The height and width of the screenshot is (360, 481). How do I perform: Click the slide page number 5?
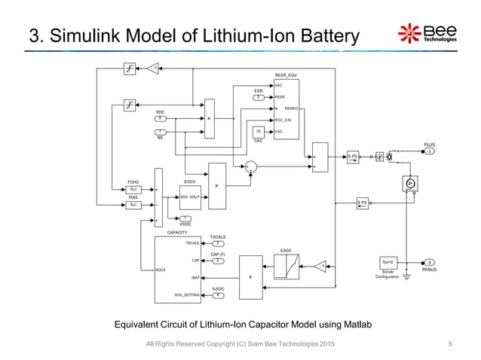click(450, 344)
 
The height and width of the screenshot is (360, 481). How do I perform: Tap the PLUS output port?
click(429, 151)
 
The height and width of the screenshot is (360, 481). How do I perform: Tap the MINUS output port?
click(429, 262)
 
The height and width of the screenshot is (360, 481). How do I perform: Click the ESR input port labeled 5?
click(259, 97)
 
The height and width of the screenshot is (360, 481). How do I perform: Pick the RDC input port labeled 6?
click(160, 118)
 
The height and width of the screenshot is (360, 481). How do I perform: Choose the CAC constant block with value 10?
click(259, 131)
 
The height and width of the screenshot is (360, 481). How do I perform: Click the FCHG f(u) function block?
click(133, 189)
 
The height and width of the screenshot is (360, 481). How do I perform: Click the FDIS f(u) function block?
click(133, 204)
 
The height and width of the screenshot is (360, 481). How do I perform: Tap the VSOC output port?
click(185, 218)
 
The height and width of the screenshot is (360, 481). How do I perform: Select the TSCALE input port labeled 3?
click(216, 243)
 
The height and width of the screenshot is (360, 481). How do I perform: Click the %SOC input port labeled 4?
click(217, 295)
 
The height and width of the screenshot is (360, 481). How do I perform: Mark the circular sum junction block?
click(251, 166)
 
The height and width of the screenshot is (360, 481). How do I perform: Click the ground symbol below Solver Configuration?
click(407, 277)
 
